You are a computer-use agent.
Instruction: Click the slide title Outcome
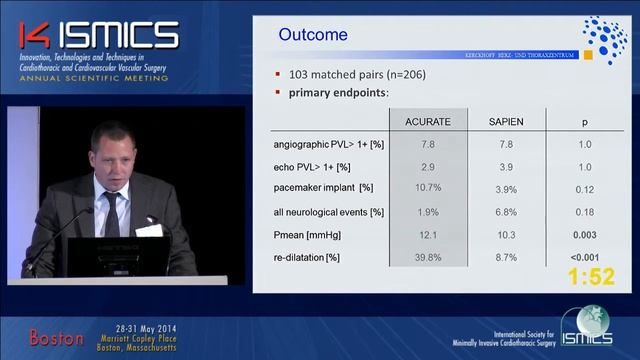(x=312, y=35)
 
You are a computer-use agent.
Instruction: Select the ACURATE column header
(x=427, y=122)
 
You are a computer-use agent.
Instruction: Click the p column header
(x=585, y=122)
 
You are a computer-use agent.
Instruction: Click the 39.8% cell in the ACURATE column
(x=427, y=257)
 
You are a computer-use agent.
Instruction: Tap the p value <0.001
(x=585, y=257)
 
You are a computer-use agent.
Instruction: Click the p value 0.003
(x=585, y=234)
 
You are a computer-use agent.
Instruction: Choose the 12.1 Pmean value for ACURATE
(x=427, y=234)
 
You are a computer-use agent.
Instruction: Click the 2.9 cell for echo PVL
(x=427, y=166)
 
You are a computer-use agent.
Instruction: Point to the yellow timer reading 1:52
(x=591, y=278)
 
